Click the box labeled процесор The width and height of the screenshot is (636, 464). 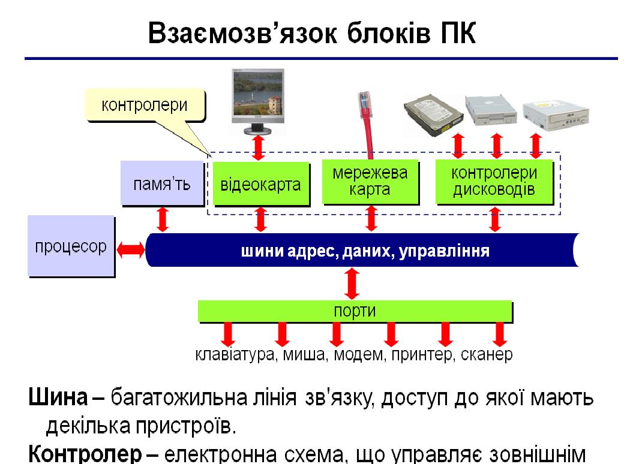[x=71, y=246]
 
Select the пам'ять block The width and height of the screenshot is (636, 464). [x=161, y=183]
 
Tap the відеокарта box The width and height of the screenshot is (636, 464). [x=261, y=183]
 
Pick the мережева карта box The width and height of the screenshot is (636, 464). [x=370, y=182]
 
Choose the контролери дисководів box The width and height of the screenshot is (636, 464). [x=494, y=182]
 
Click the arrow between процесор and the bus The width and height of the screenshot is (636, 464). [x=131, y=249]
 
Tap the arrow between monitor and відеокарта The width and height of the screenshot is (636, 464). [x=259, y=147]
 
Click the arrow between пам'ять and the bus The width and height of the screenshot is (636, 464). [x=163, y=219]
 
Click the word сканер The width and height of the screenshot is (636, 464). [x=487, y=355]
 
